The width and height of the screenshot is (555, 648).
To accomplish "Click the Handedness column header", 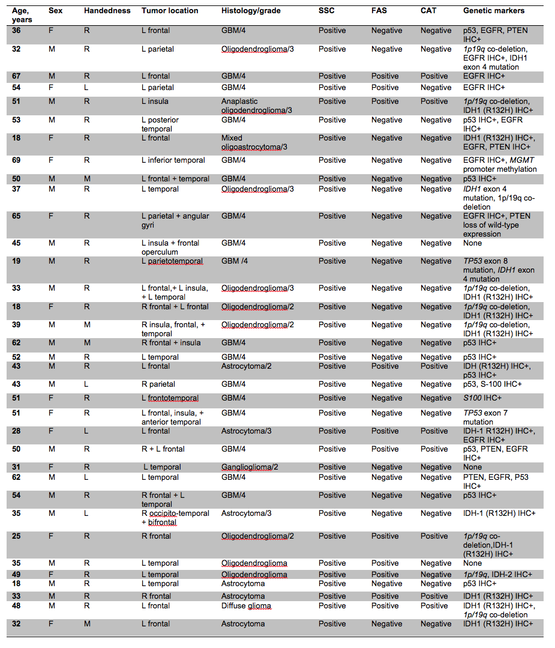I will (x=107, y=11).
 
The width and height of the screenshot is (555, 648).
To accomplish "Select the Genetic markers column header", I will (x=493, y=11).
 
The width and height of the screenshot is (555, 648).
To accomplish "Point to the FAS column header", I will (x=379, y=11).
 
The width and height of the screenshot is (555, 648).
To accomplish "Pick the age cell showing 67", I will (x=16, y=76).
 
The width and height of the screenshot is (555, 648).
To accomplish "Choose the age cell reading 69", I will (x=16, y=160).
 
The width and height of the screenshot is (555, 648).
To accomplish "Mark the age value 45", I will (x=16, y=243).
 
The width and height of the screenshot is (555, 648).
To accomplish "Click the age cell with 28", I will (x=16, y=431).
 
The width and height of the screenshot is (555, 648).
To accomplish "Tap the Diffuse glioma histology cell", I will (x=247, y=606).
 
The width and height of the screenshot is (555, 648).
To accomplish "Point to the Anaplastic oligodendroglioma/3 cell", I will (x=257, y=106).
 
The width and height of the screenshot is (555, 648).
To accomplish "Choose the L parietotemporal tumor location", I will (x=172, y=261).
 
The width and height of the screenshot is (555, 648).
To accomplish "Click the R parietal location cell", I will (x=158, y=384).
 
